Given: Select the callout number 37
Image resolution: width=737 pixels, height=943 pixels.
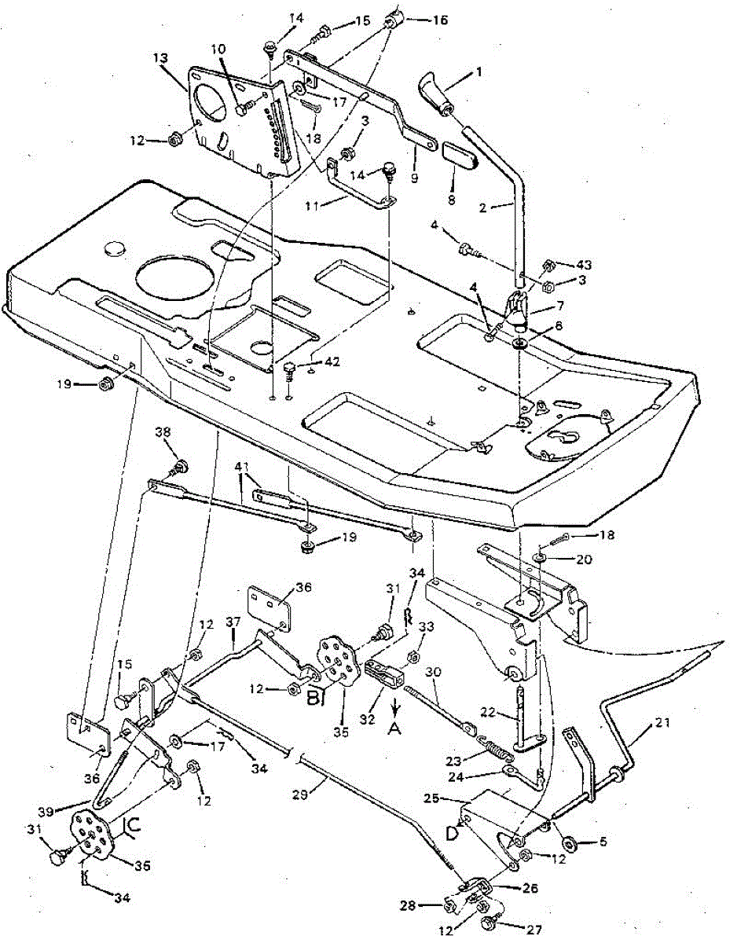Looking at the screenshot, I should [233, 622].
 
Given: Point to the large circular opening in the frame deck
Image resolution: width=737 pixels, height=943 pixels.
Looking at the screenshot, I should [171, 278].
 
